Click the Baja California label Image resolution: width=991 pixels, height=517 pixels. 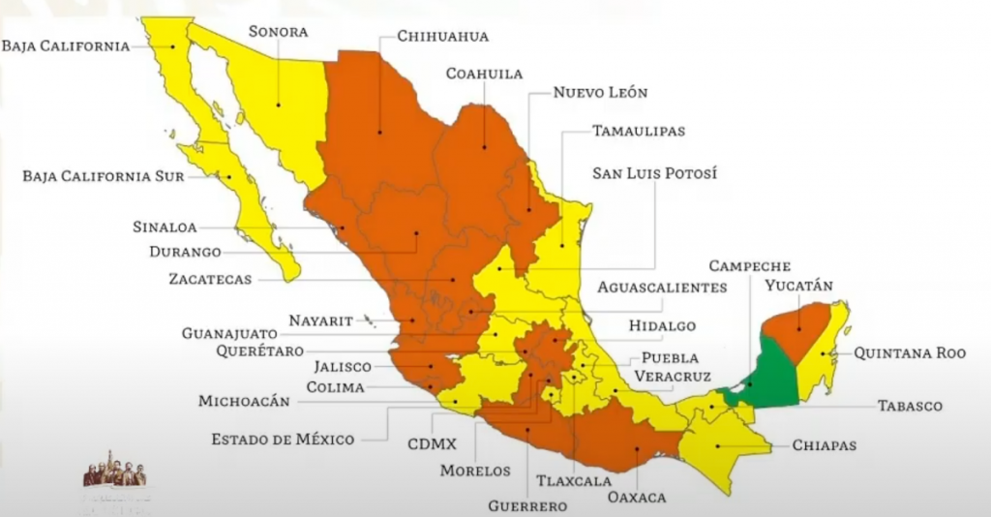coord(65,46)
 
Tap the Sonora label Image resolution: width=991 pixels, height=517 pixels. coord(278,31)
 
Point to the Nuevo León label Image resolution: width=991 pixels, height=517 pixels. coord(600,93)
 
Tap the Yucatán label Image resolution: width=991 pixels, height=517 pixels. coord(798,286)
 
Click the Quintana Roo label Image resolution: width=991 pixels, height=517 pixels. coord(909,354)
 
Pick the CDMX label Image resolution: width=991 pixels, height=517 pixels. coord(432,446)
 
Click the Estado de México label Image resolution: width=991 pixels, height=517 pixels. coord(283,440)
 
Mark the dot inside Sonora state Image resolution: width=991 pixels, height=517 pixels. coord(279,106)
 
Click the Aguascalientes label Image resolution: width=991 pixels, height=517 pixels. coord(661,288)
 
